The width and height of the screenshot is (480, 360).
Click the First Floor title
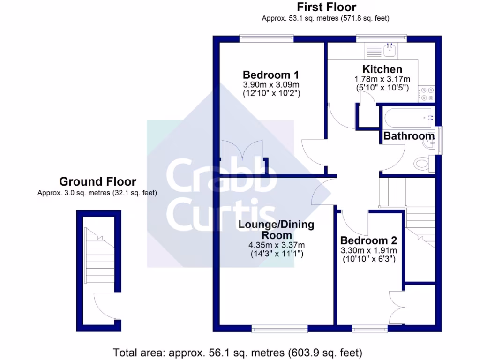tap(326, 7)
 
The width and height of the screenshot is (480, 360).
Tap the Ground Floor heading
tap(97, 181)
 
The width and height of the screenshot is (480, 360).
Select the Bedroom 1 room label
tap(271, 75)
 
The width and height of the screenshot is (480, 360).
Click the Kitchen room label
tap(382, 70)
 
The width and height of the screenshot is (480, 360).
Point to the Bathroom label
tap(409, 136)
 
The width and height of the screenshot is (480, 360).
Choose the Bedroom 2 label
tap(368, 240)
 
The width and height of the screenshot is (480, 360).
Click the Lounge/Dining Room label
tap(277, 230)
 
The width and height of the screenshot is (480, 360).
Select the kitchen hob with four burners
tap(427, 94)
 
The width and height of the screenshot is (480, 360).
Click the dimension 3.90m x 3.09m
tap(271, 85)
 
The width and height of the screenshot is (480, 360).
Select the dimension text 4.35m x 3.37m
tap(277, 245)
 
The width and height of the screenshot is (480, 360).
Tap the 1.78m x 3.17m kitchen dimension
tap(382, 79)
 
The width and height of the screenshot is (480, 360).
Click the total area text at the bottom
tap(238, 352)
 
